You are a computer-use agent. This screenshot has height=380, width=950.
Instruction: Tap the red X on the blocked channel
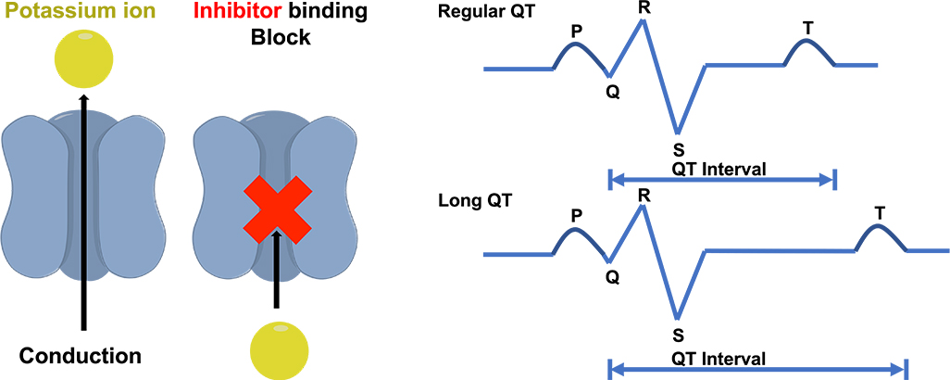coord(276,212)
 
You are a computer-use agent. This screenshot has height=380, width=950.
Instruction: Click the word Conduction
coord(81,356)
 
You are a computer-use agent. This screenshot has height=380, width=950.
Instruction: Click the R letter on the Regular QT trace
coord(643,7)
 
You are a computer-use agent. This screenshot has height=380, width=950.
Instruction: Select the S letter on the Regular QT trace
coord(679,148)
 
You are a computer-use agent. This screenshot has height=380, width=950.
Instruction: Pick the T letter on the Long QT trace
coord(879,213)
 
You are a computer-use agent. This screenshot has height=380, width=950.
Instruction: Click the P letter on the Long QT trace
coord(576,215)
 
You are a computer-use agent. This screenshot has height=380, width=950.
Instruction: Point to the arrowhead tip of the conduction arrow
coord(84,95)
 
